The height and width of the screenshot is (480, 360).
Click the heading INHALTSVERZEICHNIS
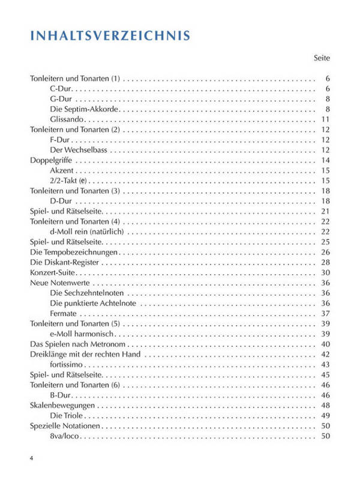click(x=110, y=35)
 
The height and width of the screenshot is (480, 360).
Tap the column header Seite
click(x=322, y=58)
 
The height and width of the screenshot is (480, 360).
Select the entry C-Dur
click(x=62, y=89)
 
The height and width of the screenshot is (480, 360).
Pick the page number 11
click(x=326, y=119)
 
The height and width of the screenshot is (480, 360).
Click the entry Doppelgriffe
click(x=50, y=160)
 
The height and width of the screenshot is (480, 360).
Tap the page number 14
click(x=326, y=160)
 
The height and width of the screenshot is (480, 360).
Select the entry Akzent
click(x=62, y=170)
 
